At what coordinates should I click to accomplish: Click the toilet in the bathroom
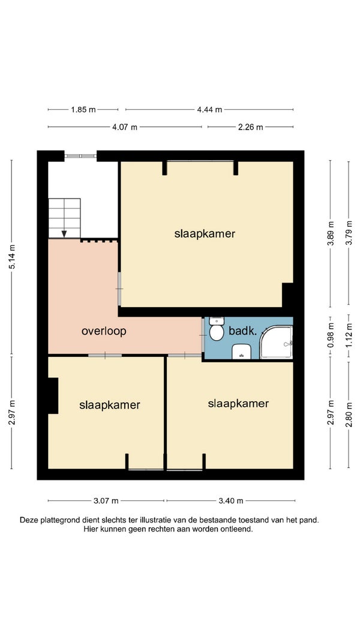pyautogui.click(x=217, y=329)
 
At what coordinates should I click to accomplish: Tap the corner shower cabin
pyautogui.click(x=277, y=342)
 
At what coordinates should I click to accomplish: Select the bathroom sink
pyautogui.click(x=241, y=351)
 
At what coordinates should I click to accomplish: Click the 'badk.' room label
pyautogui.click(x=242, y=332)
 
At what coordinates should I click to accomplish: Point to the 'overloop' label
pyautogui.click(x=104, y=331)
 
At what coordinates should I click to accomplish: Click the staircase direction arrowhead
pyautogui.click(x=64, y=234)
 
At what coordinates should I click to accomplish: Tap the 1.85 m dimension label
pyautogui.click(x=83, y=109)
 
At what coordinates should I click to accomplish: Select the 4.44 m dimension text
pyautogui.click(x=210, y=109)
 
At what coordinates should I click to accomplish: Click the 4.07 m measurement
pyautogui.click(x=125, y=127)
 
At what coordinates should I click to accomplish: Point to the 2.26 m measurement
pyautogui.click(x=251, y=127)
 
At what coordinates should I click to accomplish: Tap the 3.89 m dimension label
pyautogui.click(x=331, y=233)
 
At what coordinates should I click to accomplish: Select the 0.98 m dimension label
pyautogui.click(x=331, y=335)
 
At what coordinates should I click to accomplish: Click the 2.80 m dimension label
pyautogui.click(x=349, y=414)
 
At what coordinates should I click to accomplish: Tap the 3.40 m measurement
pyautogui.click(x=230, y=501)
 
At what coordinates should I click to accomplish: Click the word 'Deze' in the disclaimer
pyautogui.click(x=28, y=521)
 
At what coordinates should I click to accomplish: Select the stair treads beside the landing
pyautogui.click(x=64, y=218)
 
